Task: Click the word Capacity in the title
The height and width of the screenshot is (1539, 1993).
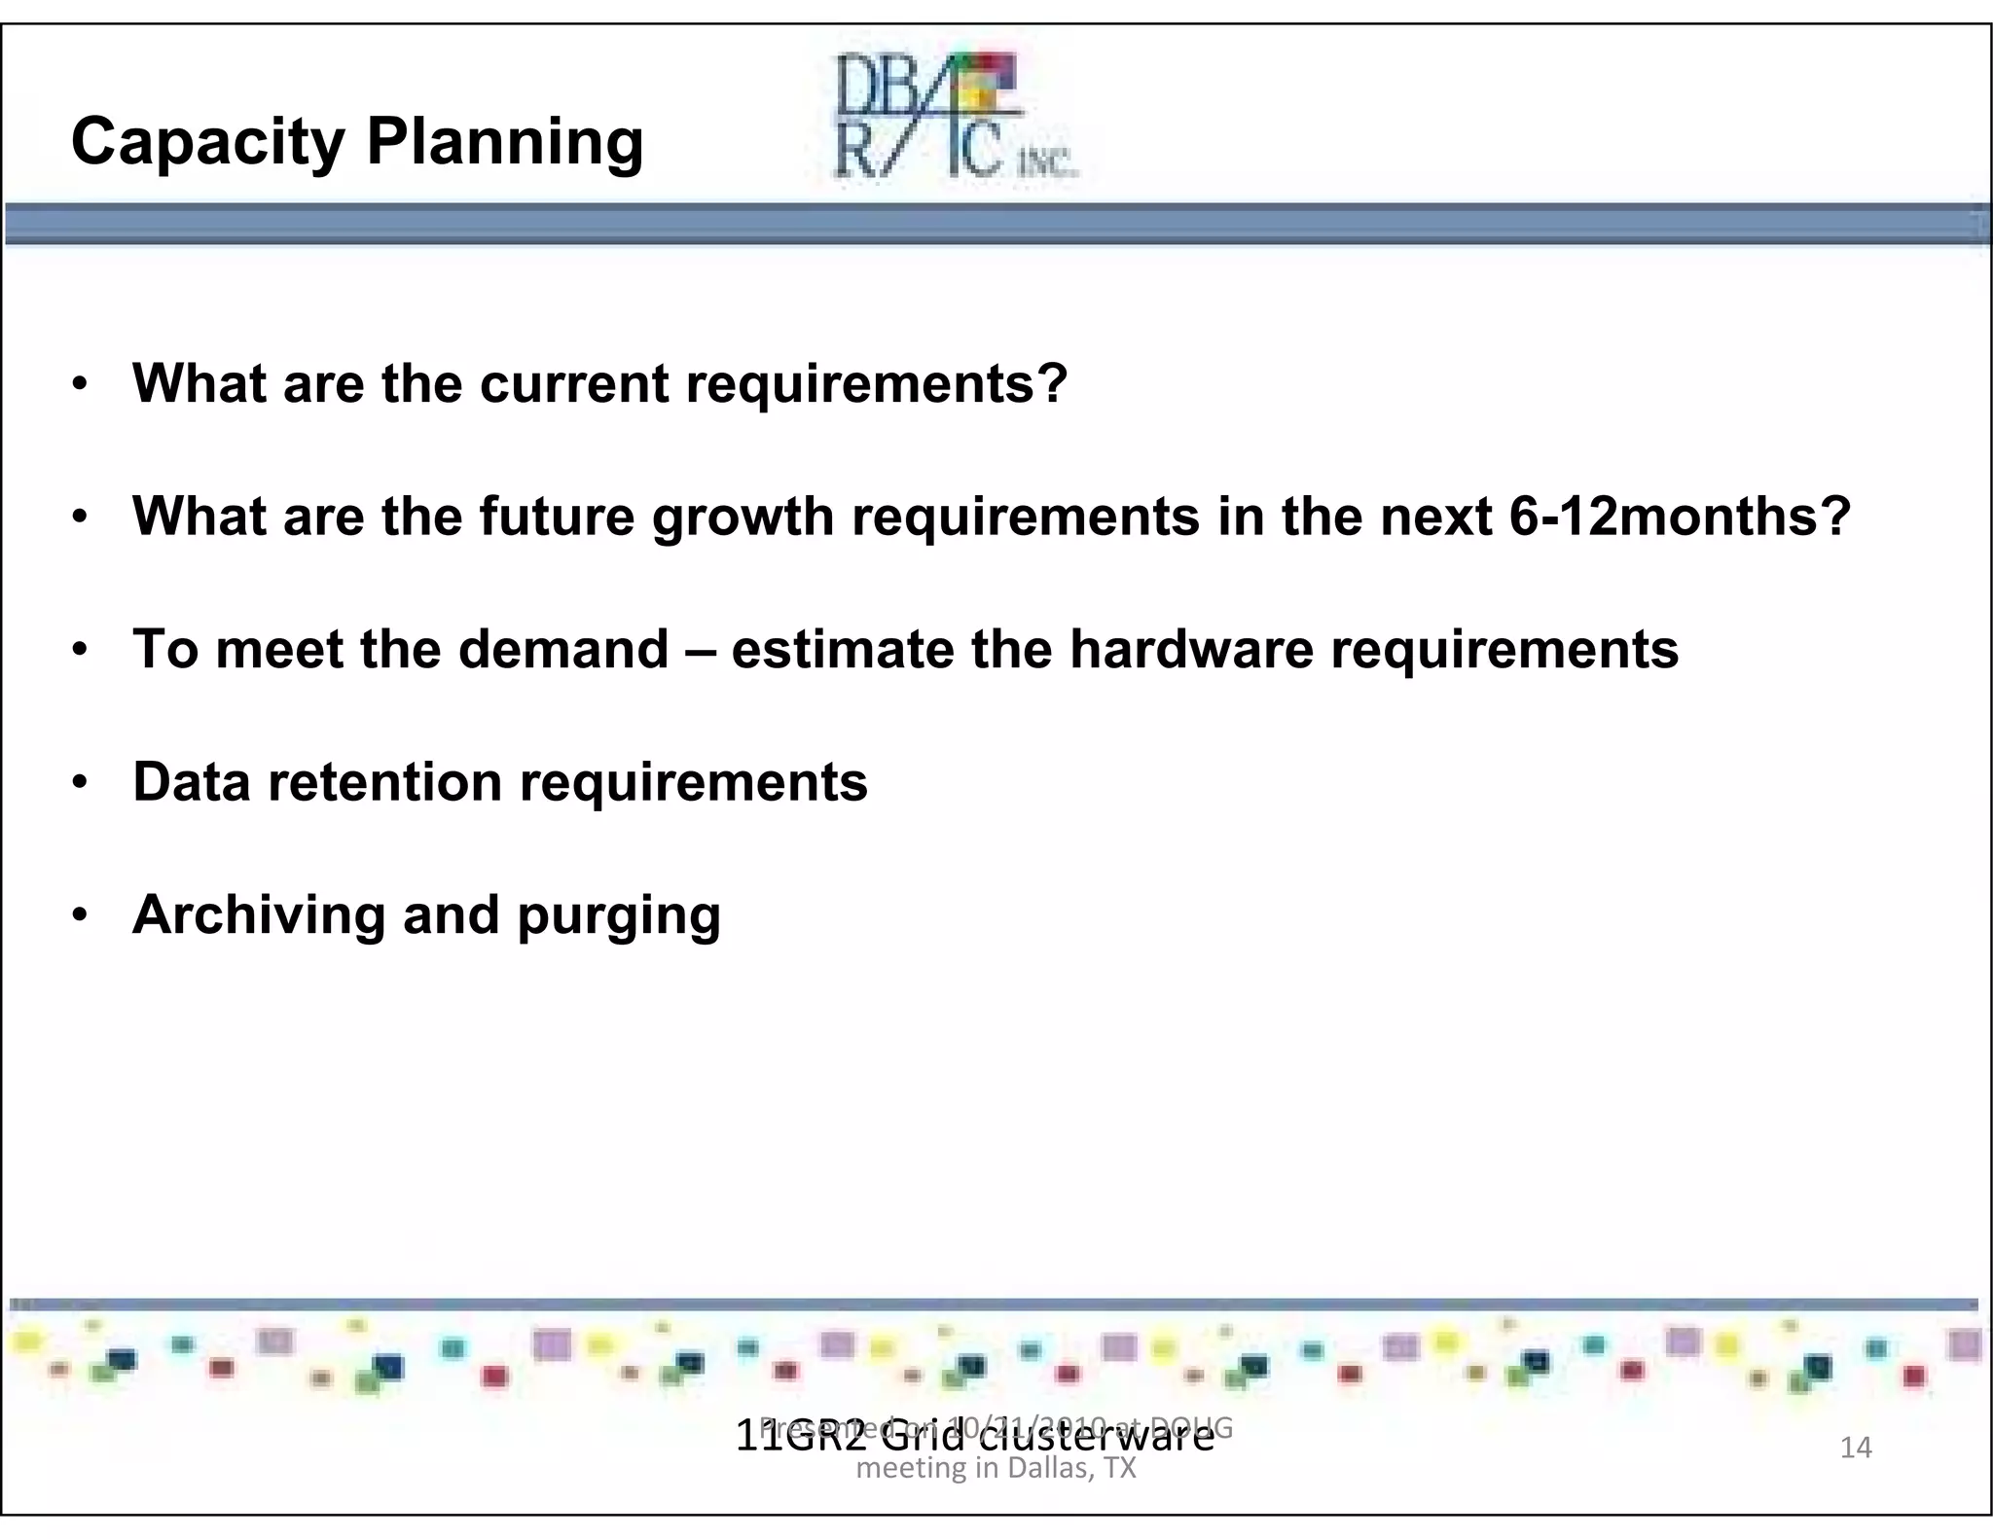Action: [208, 143]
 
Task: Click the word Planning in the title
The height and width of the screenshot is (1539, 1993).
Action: [504, 143]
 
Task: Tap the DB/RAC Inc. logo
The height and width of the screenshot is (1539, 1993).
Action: [954, 117]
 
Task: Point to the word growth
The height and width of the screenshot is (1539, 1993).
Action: [743, 518]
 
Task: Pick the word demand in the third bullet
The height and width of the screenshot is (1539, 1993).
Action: [563, 649]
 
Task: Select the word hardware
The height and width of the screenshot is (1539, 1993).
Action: [1191, 649]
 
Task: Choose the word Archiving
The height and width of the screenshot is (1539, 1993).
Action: [259, 916]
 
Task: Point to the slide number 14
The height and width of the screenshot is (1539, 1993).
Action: [1856, 1448]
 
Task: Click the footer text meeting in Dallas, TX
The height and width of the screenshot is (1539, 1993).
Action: [996, 1468]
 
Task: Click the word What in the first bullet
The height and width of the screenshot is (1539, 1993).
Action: [199, 383]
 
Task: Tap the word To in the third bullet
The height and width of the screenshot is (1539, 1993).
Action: [165, 649]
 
